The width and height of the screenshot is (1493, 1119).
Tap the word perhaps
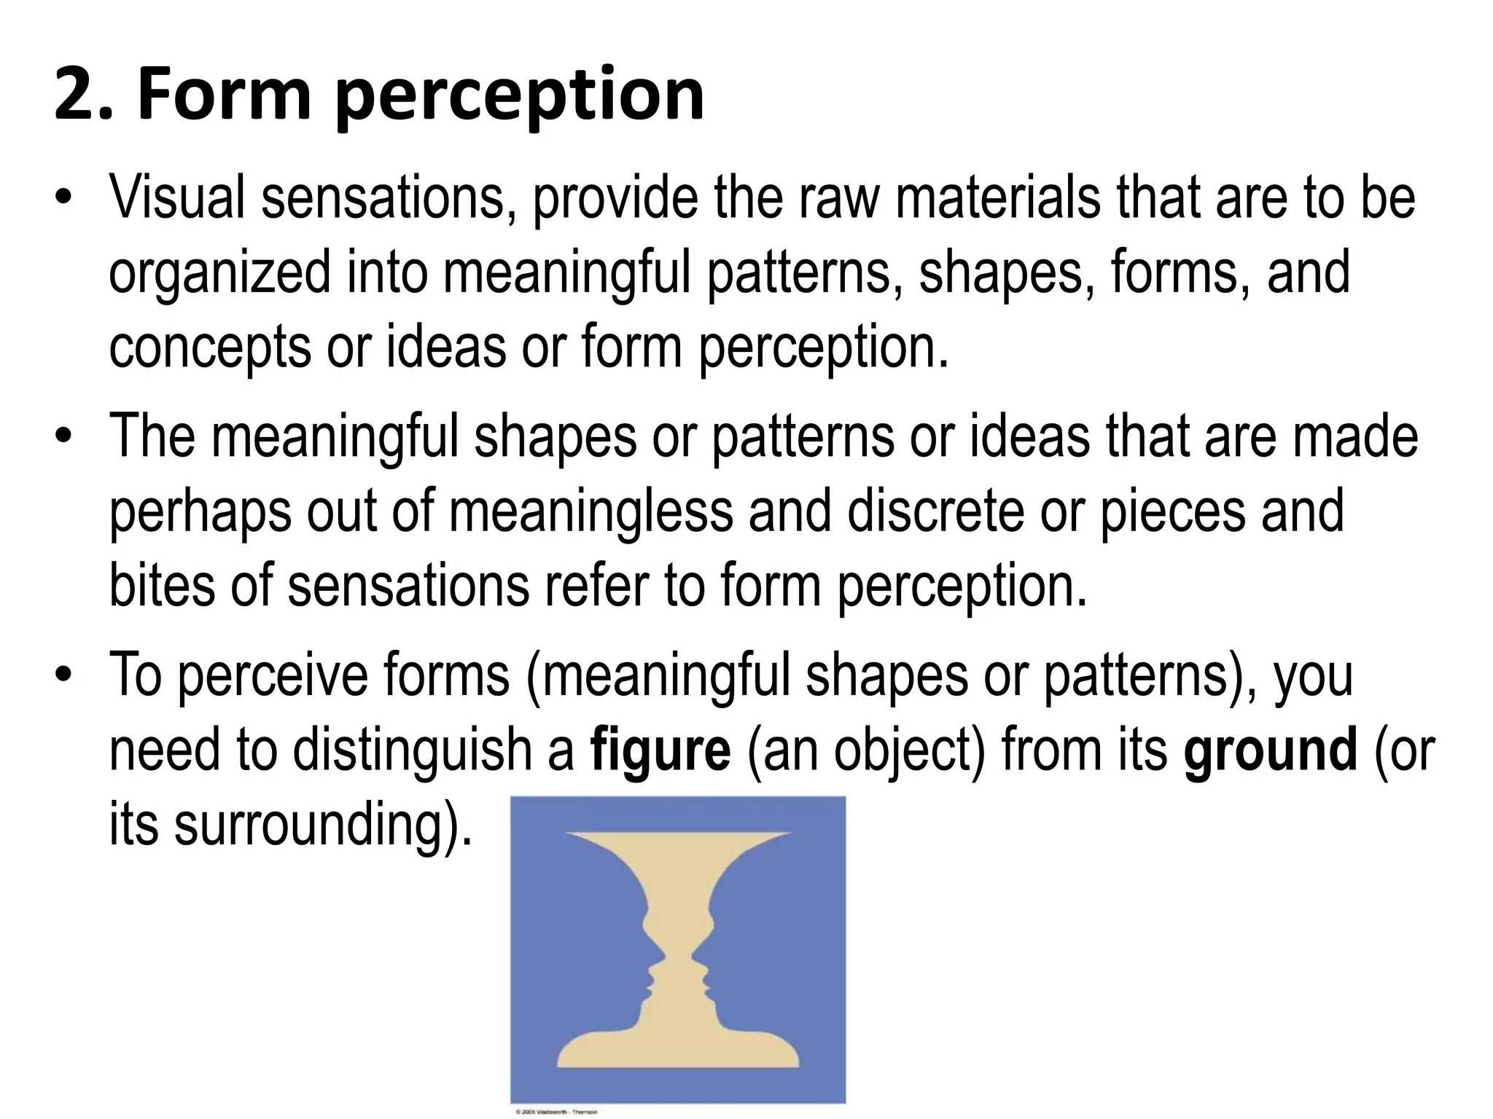[200, 511]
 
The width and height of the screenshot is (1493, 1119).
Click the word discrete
[936, 511]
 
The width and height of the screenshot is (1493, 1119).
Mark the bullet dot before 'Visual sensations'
[64, 198]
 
